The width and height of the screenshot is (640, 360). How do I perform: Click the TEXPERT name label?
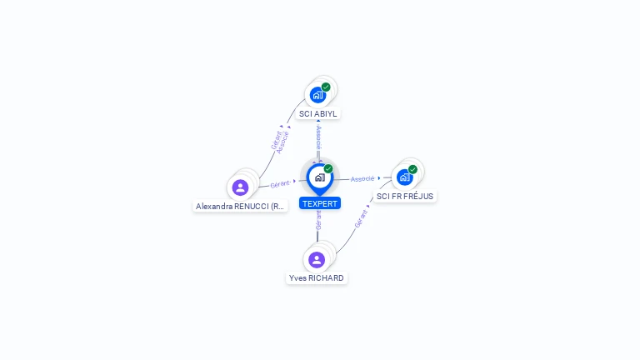[320, 203]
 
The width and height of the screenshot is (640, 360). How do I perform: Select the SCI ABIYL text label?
[319, 113]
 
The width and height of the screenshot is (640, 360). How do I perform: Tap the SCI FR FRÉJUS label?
[405, 197]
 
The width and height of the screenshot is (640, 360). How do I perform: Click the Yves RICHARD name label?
[317, 277]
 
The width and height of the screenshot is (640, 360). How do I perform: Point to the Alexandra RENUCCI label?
[241, 206]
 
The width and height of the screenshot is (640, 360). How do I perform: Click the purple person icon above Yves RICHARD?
[317, 259]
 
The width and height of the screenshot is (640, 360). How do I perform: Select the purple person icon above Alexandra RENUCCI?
[241, 187]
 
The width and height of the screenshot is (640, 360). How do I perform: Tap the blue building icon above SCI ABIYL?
[317, 94]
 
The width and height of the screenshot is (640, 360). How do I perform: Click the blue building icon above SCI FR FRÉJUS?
[404, 177]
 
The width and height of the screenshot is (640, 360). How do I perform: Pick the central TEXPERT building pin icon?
[319, 177]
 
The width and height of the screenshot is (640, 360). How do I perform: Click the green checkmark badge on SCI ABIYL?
[326, 87]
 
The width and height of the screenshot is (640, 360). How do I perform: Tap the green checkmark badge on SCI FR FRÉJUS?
[412, 170]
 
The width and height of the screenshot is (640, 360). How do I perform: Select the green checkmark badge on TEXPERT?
[328, 169]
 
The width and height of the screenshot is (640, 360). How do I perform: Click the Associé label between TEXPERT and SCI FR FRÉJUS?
[362, 178]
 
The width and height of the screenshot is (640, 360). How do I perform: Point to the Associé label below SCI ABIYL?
[318, 138]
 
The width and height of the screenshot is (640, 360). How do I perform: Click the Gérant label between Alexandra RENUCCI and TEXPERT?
[280, 182]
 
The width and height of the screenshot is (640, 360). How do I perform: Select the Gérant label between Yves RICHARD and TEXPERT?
[317, 220]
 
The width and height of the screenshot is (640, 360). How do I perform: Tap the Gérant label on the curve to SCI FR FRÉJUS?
[361, 219]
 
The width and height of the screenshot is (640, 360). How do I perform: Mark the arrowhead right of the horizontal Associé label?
[379, 178]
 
